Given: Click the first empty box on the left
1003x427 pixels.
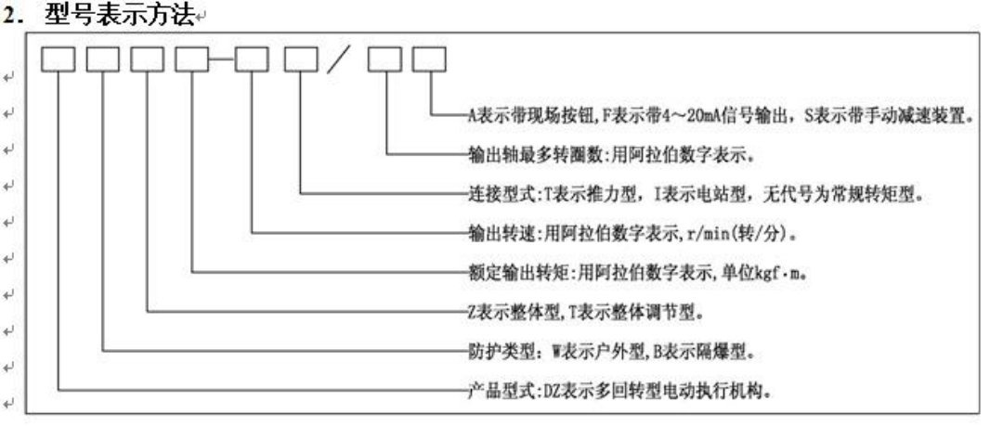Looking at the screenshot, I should coord(58,60).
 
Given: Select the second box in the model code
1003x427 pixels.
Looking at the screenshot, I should coord(103,60).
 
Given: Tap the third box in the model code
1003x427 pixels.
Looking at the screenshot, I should coord(148,60).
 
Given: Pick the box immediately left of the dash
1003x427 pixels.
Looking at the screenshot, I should coord(192,60).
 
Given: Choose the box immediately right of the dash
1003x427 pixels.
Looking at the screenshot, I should coord(251,60).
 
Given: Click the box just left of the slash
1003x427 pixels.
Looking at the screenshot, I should coord(300,60).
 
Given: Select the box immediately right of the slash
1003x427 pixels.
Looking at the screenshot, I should coord(384,60).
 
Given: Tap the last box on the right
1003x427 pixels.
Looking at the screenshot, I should coord(429,60).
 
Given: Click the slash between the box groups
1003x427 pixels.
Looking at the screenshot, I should coord(342,60).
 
